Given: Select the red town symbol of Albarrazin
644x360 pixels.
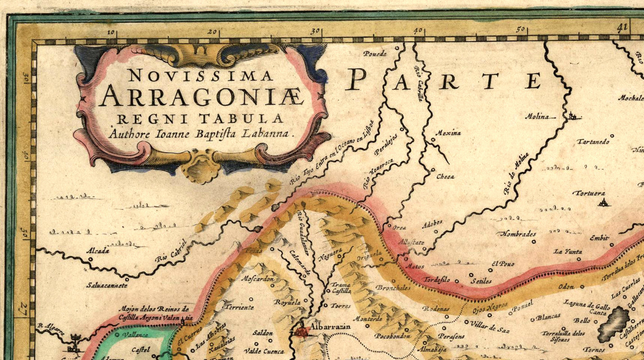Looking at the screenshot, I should [x=302, y=332].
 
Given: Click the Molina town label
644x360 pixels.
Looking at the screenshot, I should [x=537, y=117].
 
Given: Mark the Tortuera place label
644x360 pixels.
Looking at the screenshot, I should [x=589, y=193].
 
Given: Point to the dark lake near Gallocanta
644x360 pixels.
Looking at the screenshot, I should [x=613, y=324].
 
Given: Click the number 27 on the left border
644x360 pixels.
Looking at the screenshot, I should [x=22, y=310].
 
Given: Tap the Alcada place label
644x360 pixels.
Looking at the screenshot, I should [x=98, y=251].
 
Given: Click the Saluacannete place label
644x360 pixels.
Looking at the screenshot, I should [x=107, y=285].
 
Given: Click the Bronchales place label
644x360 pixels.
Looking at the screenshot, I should [x=393, y=288].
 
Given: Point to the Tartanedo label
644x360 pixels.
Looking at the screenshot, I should [x=593, y=142].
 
